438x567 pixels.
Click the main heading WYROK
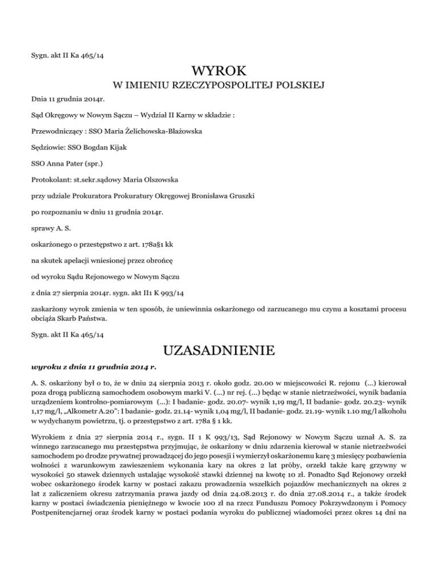219,72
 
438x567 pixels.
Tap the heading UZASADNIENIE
219,347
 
